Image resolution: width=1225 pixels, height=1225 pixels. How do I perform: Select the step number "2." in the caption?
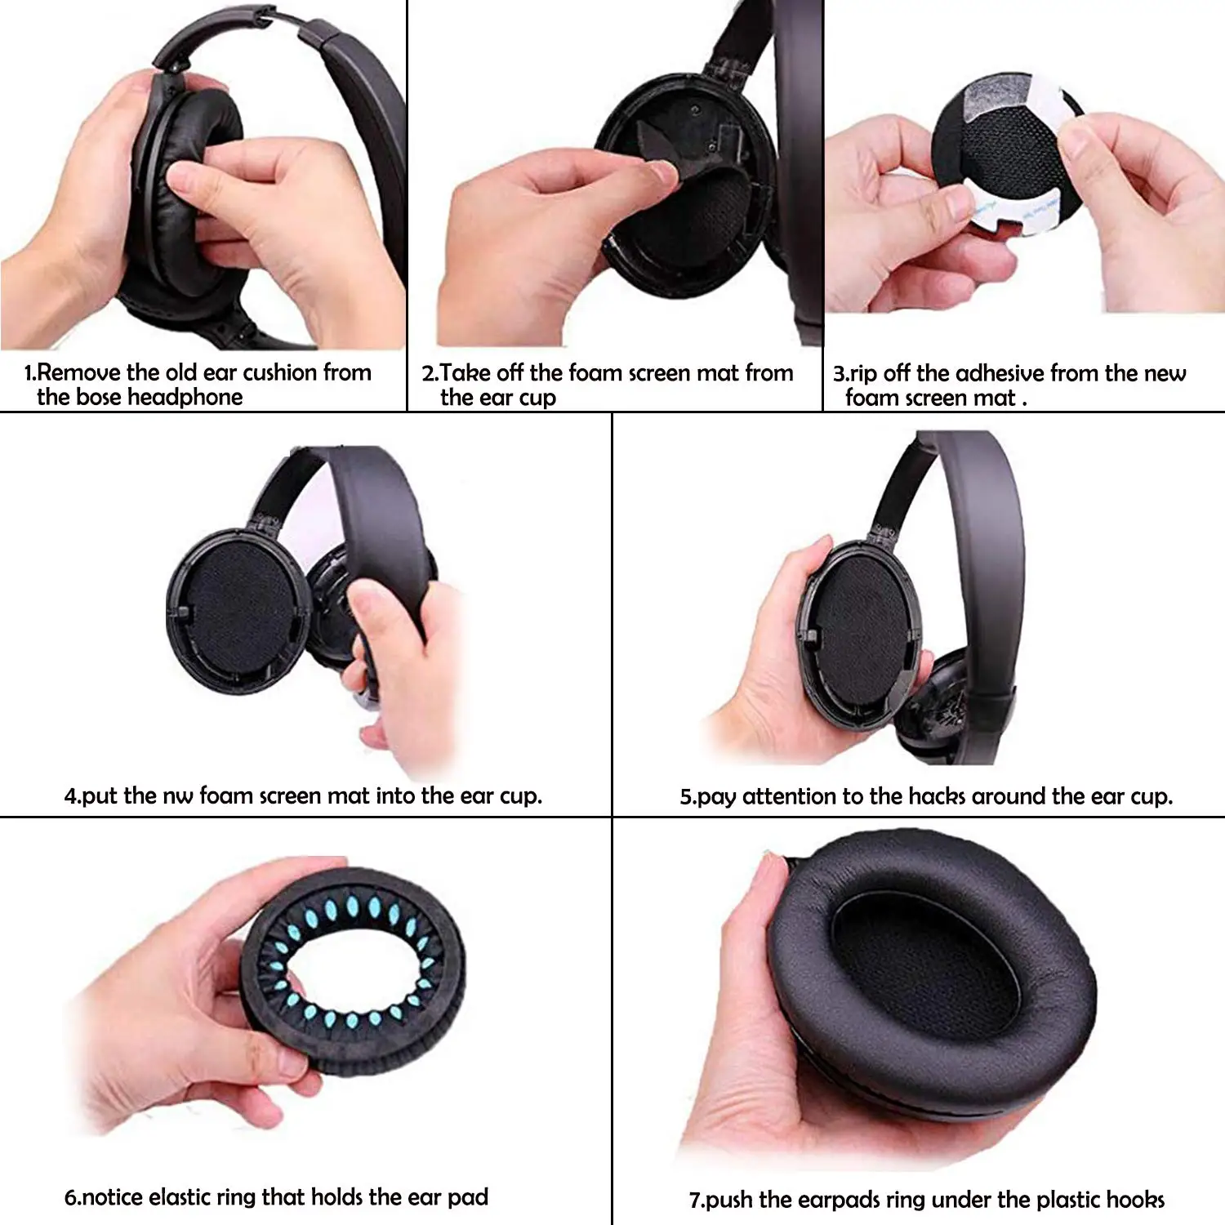point(430,374)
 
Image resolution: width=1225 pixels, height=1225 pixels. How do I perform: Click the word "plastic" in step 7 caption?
point(1052,1200)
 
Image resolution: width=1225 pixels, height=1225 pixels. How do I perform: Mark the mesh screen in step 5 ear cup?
point(862,629)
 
